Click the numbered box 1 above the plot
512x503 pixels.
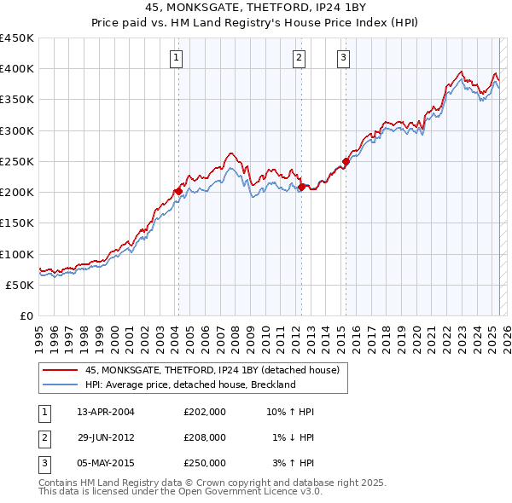pos(175,58)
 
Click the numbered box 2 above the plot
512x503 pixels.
pos(299,58)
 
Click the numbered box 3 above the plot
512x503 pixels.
pos(343,58)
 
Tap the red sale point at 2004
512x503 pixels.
pos(178,191)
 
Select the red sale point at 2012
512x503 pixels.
pos(302,186)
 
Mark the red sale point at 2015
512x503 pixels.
pos(346,161)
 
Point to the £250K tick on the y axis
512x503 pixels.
pos(17,161)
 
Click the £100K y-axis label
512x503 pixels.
pos(17,254)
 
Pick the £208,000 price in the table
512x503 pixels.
pos(204,437)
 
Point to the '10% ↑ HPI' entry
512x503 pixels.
pos(291,412)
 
